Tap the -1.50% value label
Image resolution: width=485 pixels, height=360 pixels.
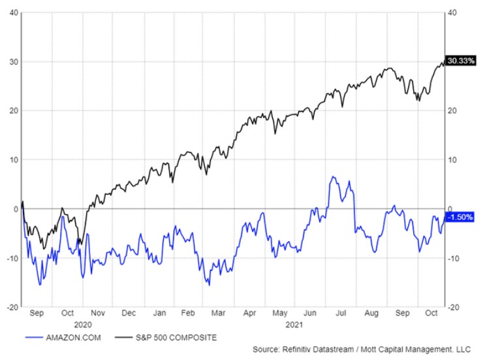(x=460, y=216)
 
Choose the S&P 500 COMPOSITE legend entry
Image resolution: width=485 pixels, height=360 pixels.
(x=176, y=337)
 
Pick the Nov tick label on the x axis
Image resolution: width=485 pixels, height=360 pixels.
(x=97, y=313)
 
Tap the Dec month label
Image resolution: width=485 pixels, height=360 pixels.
(x=129, y=313)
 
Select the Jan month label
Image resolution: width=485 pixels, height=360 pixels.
(x=160, y=313)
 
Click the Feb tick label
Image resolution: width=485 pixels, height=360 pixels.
(x=189, y=313)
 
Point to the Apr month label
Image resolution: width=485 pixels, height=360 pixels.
(x=249, y=313)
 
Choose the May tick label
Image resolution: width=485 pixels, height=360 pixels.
(x=279, y=313)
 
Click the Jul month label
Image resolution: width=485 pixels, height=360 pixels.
(x=341, y=313)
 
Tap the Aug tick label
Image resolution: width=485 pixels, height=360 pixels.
(x=371, y=313)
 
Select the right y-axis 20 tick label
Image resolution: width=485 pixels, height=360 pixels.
(x=452, y=110)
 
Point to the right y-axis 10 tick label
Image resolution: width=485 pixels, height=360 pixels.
(x=452, y=159)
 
